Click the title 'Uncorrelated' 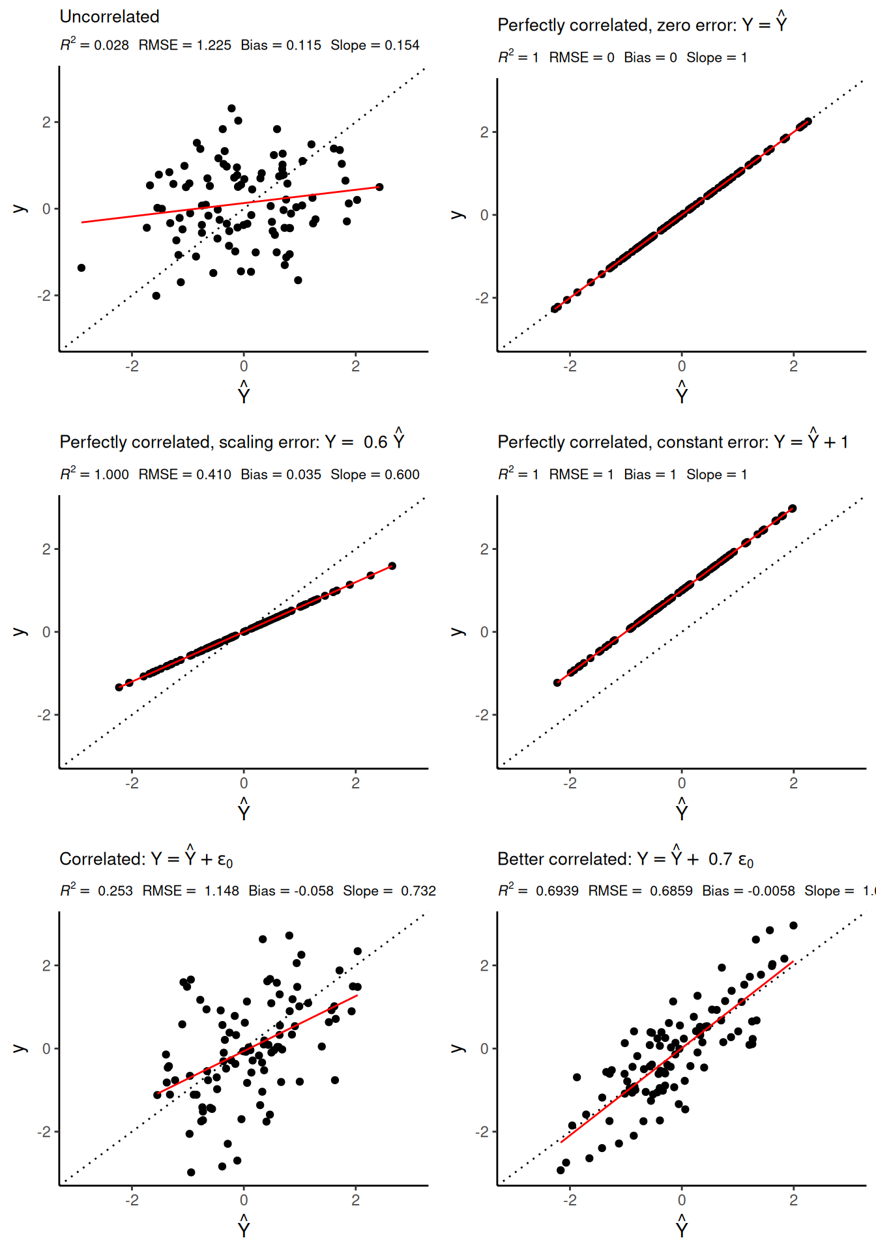coord(109,17)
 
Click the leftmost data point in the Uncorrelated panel coord(81,268)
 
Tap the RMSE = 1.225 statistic coord(185,45)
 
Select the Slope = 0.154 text coord(375,45)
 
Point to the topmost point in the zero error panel coord(808,121)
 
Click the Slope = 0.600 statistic coord(375,474)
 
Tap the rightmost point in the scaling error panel coord(392,566)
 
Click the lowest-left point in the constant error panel coord(557,682)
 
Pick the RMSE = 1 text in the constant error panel coord(581,474)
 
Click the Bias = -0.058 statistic coord(291,891)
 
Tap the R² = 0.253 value coord(96,891)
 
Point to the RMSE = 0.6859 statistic coord(640,891)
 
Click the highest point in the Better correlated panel coord(793,925)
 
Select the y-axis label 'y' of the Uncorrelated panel coord(20,208)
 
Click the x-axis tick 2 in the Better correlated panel coord(793,1200)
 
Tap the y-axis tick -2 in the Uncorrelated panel coord(44,296)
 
